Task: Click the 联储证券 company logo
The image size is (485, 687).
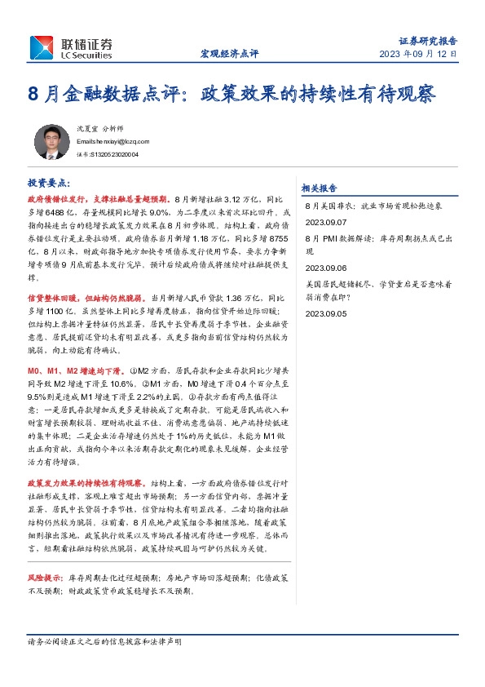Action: point(71,47)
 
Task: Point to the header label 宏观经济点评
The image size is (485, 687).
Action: point(229,54)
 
